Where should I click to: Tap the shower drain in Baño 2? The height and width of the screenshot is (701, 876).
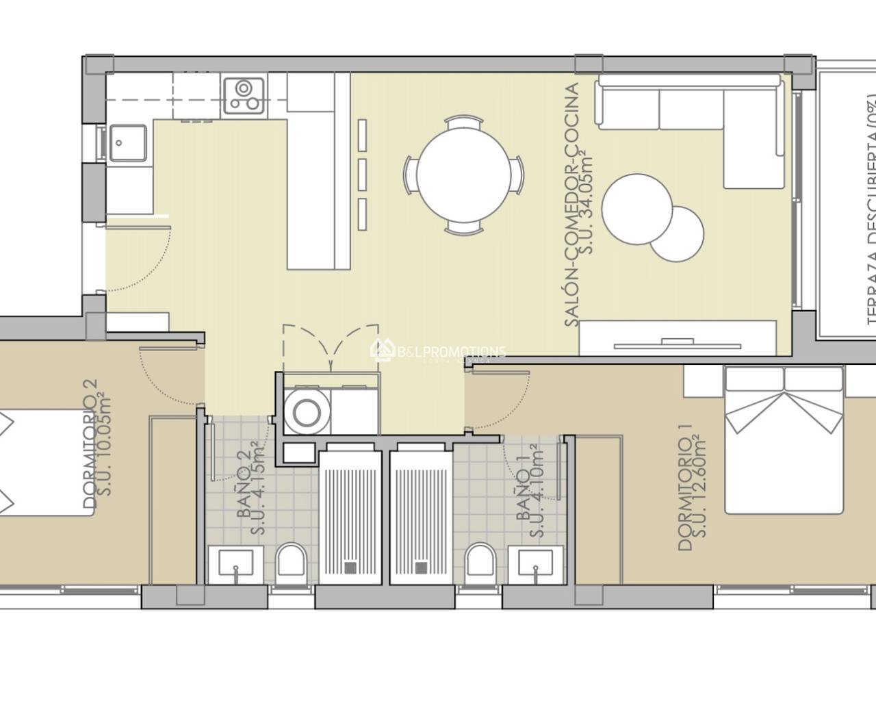coord(350,567)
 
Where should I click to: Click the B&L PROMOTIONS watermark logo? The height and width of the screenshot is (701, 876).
coord(438,333)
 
